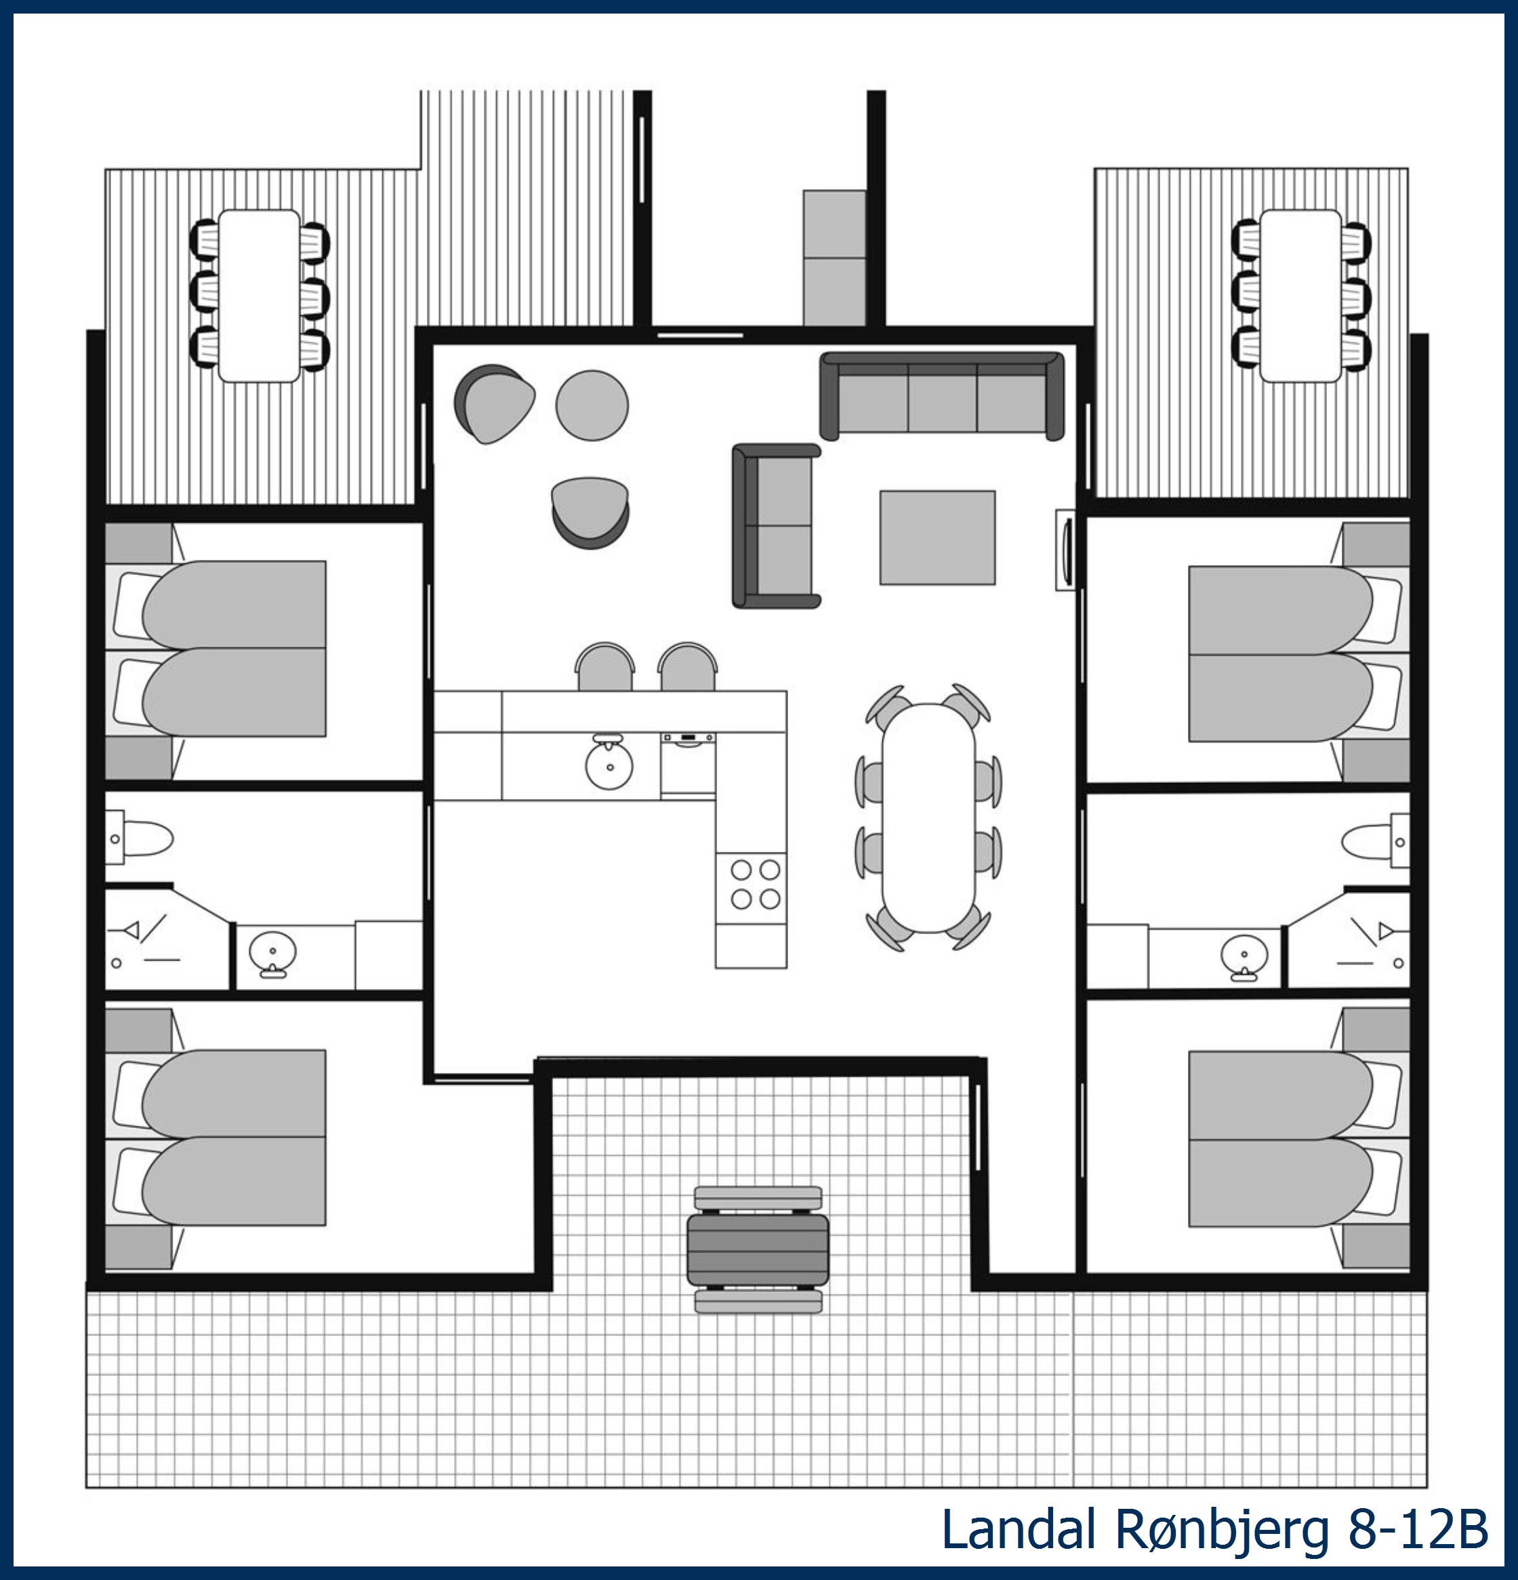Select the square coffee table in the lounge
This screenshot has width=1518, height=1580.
937,537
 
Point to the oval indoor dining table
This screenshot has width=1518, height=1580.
928,818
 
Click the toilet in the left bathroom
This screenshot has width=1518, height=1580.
142,838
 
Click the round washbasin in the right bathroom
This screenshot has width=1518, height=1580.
1244,955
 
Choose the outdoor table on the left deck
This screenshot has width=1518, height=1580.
259,295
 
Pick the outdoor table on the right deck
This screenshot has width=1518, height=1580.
1301,295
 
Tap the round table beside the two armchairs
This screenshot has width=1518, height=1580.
592,405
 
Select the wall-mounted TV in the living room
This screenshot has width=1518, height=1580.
1067,550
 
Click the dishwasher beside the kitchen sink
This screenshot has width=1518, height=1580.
688,764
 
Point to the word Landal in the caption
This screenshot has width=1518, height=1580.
1019,1529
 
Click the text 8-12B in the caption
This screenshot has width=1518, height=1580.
1419,1529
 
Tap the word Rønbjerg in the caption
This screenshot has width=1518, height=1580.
1222,1529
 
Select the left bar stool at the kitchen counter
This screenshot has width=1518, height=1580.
604,668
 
